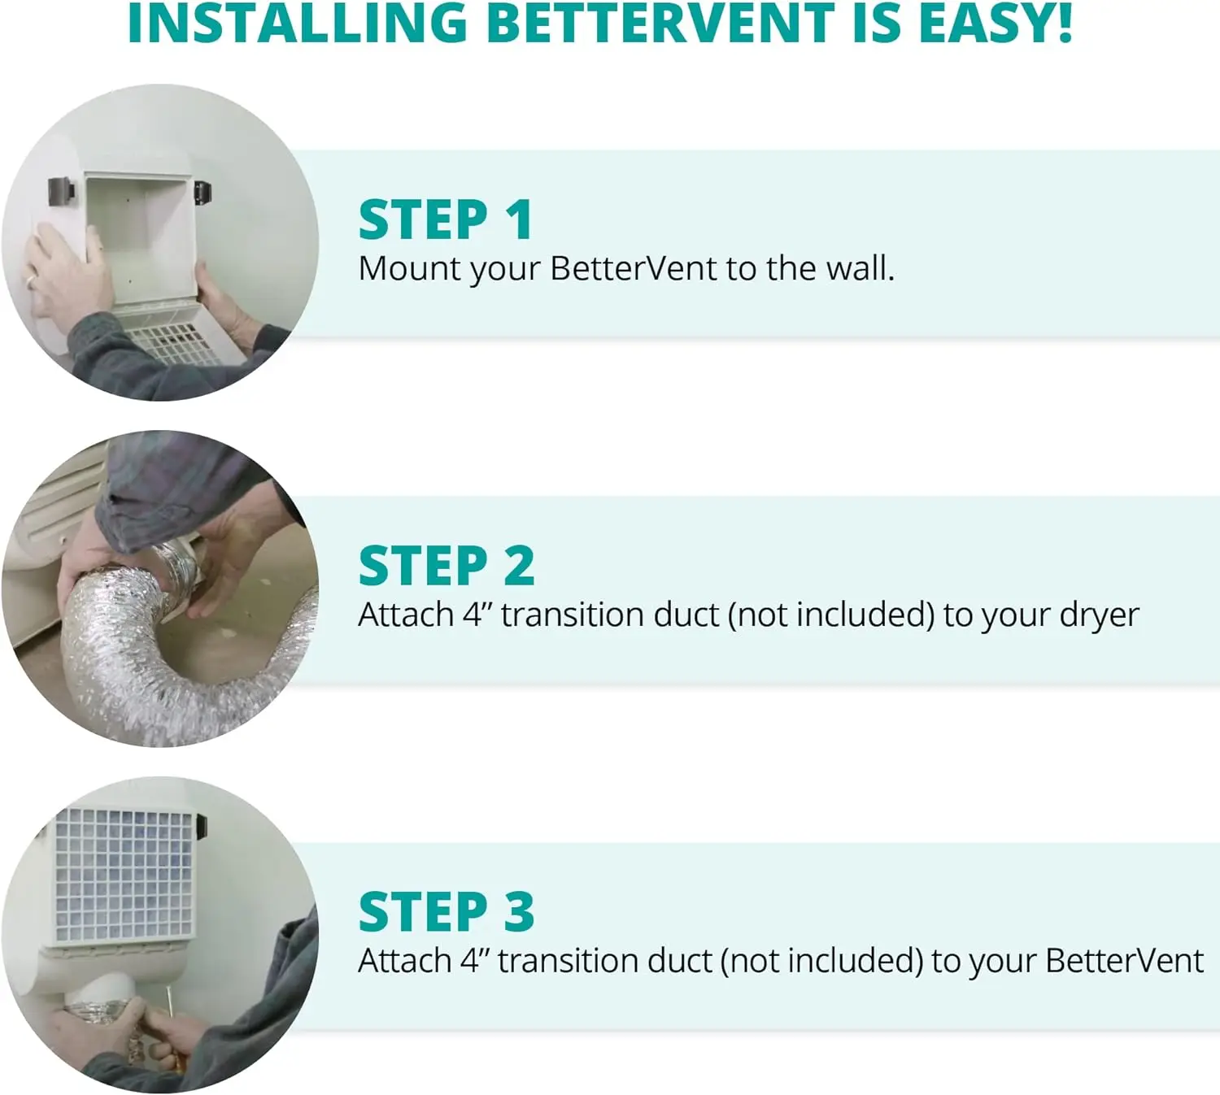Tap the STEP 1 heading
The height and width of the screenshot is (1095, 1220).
coord(446,220)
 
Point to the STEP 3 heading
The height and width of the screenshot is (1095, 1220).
coord(447,912)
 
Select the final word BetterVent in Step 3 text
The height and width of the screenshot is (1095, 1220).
coord(1125,961)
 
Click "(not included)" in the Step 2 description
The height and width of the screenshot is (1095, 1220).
coord(830,615)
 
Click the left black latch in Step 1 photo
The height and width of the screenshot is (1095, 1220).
coord(61,191)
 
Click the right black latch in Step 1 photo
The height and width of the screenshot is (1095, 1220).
coord(203,193)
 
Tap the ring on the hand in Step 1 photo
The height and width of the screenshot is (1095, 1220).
coord(30,281)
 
